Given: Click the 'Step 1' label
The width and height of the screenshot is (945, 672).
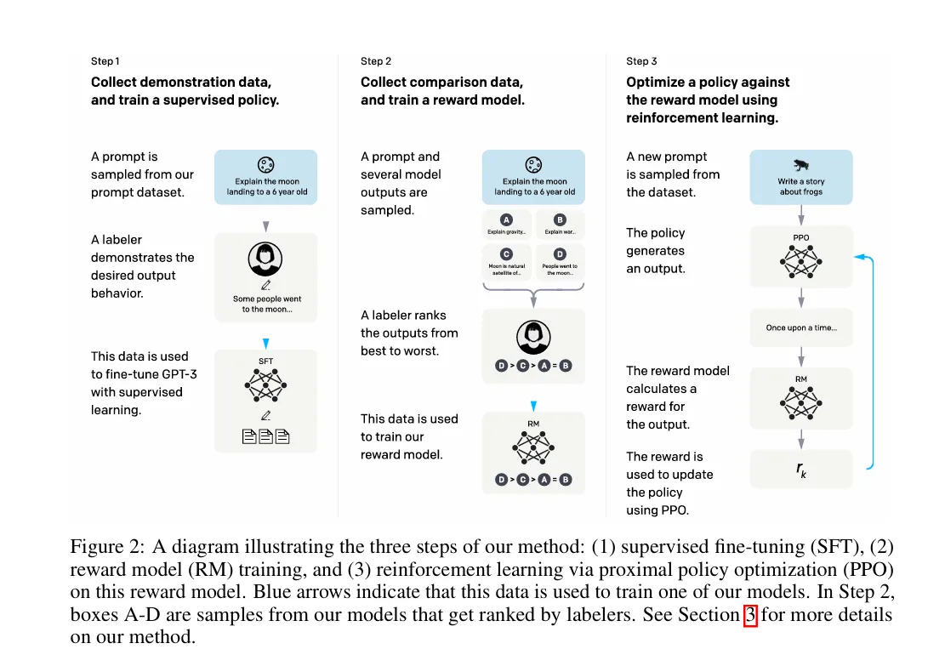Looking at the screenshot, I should [x=105, y=61].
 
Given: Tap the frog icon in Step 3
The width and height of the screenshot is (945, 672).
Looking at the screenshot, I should [x=800, y=165].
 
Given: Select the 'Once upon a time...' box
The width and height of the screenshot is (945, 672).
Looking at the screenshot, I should [x=800, y=327].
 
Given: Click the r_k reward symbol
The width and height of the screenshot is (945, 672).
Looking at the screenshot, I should [x=800, y=469].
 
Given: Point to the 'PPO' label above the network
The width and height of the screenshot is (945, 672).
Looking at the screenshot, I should [x=800, y=239].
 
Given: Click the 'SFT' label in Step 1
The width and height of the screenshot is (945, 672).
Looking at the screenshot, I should [x=265, y=361].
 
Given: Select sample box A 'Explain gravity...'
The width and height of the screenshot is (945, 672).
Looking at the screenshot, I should [x=507, y=225].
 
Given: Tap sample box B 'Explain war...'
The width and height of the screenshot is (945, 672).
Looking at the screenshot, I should [x=560, y=225].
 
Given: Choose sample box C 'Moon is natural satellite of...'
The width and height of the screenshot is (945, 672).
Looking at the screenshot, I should [x=507, y=261].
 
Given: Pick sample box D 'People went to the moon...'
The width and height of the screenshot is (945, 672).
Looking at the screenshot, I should [x=560, y=261].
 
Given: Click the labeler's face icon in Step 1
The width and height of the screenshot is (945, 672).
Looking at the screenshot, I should [x=265, y=258].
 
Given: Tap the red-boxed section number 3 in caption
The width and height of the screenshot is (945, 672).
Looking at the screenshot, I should [x=749, y=615].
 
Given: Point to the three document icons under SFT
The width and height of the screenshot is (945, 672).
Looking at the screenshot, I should [x=265, y=437].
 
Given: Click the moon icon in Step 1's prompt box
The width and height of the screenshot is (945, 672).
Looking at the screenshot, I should [x=265, y=165].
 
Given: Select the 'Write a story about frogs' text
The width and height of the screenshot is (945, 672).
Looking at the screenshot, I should [x=800, y=186].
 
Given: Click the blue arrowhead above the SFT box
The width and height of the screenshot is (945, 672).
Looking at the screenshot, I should [x=265, y=343].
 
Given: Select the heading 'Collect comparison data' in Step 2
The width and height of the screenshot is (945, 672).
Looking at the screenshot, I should [x=441, y=83].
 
